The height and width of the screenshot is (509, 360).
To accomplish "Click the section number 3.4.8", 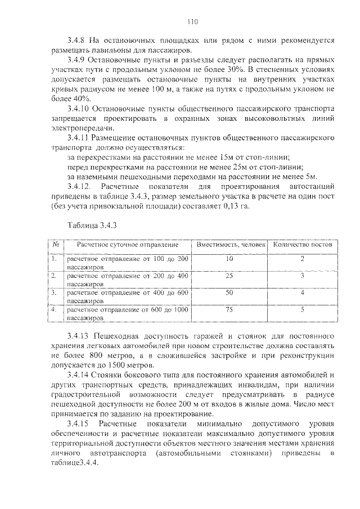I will (x=76, y=41).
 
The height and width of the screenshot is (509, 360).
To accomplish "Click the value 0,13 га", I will (x=238, y=206).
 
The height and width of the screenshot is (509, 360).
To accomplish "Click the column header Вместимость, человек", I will (x=229, y=245).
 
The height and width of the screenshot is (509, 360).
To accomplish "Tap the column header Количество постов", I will (x=302, y=245).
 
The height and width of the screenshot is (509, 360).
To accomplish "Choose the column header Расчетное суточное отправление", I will (x=128, y=245).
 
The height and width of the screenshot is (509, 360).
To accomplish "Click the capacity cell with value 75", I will (x=229, y=309).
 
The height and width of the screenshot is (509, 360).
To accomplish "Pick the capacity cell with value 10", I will (x=229, y=259).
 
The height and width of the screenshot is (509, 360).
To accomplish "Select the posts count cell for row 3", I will (x=302, y=292).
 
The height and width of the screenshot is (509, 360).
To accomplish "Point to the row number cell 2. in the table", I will (x=55, y=276).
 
